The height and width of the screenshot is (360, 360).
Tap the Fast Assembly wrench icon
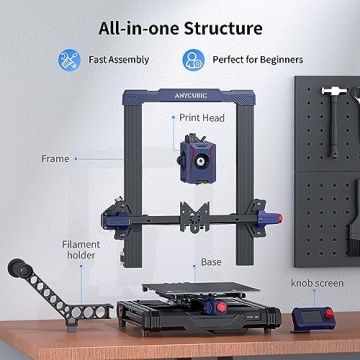tap(70, 59)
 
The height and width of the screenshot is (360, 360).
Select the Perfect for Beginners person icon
tap(194, 59)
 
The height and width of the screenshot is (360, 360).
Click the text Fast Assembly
tap(119, 59)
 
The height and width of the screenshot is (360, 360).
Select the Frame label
tap(55, 158)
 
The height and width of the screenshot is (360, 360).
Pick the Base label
tap(211, 262)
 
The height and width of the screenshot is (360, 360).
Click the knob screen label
tap(317, 283)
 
